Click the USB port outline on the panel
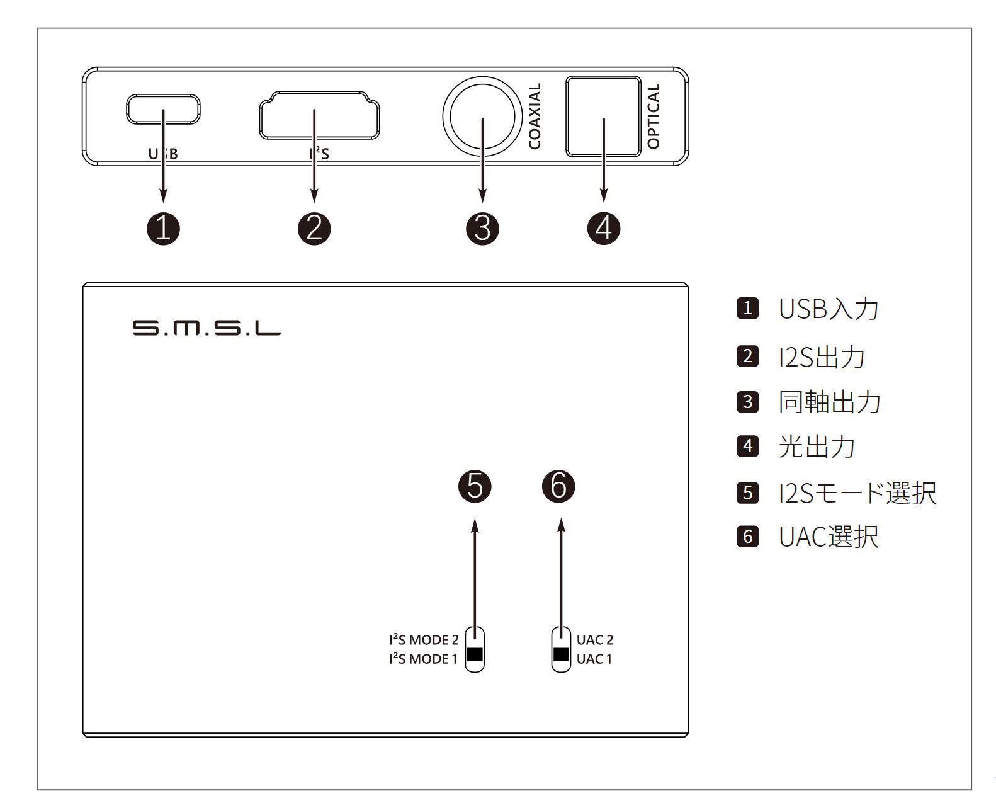(163, 109)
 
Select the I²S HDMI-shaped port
(319, 115)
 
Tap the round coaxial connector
(482, 117)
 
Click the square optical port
(603, 117)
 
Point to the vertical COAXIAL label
(535, 117)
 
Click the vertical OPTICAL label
(654, 117)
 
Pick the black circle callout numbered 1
(163, 228)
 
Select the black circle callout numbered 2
(314, 228)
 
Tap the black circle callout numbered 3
(482, 228)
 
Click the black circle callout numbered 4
(603, 228)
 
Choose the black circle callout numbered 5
(475, 486)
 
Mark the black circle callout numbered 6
(558, 486)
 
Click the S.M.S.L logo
(207, 327)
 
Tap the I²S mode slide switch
(475, 649)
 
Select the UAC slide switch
(561, 649)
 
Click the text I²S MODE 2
(424, 640)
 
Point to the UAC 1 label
(594, 659)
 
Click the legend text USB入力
(828, 309)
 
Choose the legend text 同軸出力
(829, 402)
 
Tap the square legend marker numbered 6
(747, 537)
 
